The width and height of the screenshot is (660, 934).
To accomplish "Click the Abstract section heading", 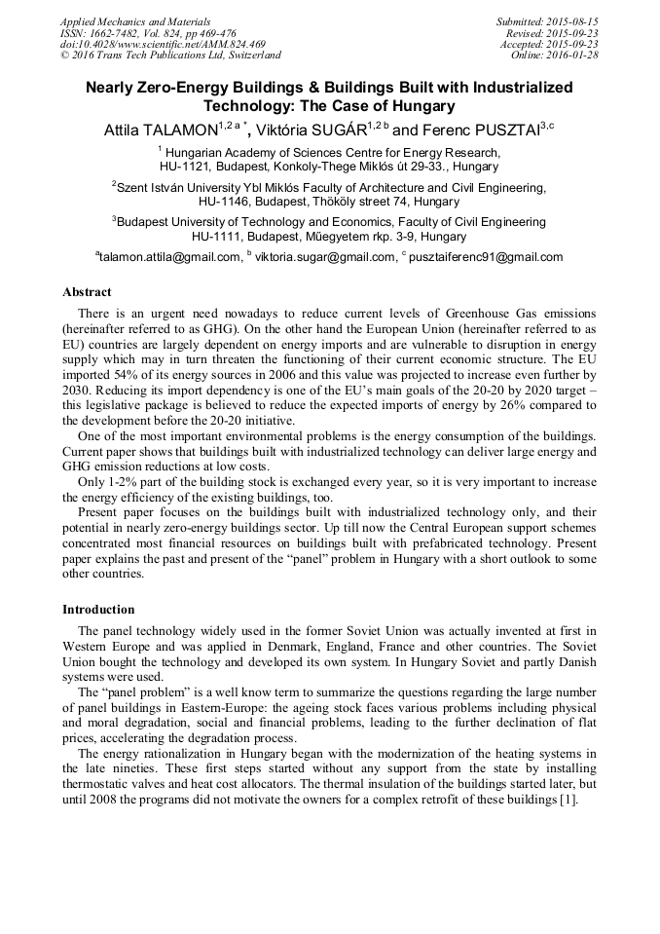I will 87,292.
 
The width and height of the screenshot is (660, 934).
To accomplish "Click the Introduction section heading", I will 98,610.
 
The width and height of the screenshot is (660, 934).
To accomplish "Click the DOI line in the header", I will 163,45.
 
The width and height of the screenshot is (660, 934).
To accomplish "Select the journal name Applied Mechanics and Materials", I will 135,21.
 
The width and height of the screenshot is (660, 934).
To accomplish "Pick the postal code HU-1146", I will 221,202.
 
